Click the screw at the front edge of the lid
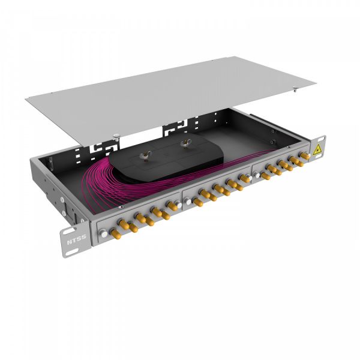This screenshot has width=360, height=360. click(x=114, y=135)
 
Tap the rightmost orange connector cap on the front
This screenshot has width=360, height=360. click(x=305, y=155)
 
